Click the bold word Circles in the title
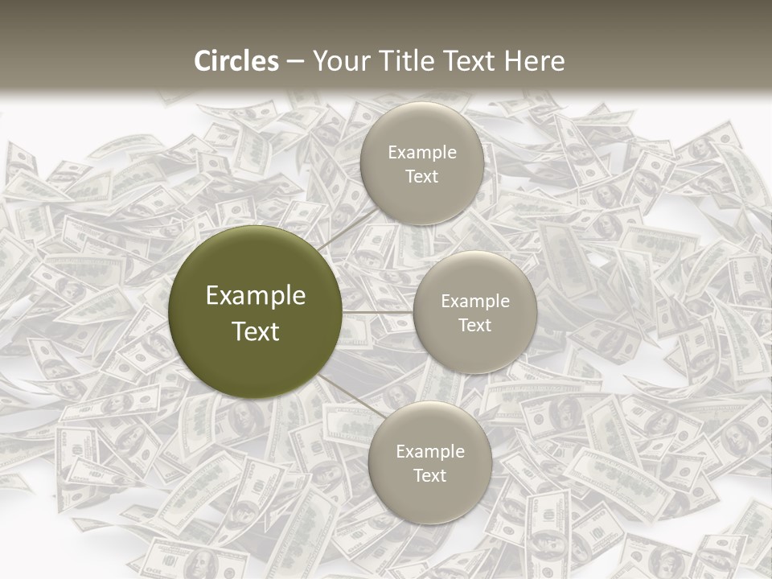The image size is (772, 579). tap(236, 61)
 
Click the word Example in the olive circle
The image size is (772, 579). tap(256, 296)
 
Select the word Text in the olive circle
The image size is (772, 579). tap(256, 331)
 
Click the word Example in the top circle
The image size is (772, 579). tap(422, 152)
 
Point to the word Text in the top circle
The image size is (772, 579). tap(422, 176)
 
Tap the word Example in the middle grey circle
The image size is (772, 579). tap(475, 301)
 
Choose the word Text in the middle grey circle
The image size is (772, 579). tap(475, 325)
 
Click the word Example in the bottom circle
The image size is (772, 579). tap(430, 451)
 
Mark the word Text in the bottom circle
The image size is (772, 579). tap(430, 475)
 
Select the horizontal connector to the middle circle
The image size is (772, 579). tap(377, 311)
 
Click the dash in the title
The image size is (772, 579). tap(295, 62)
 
